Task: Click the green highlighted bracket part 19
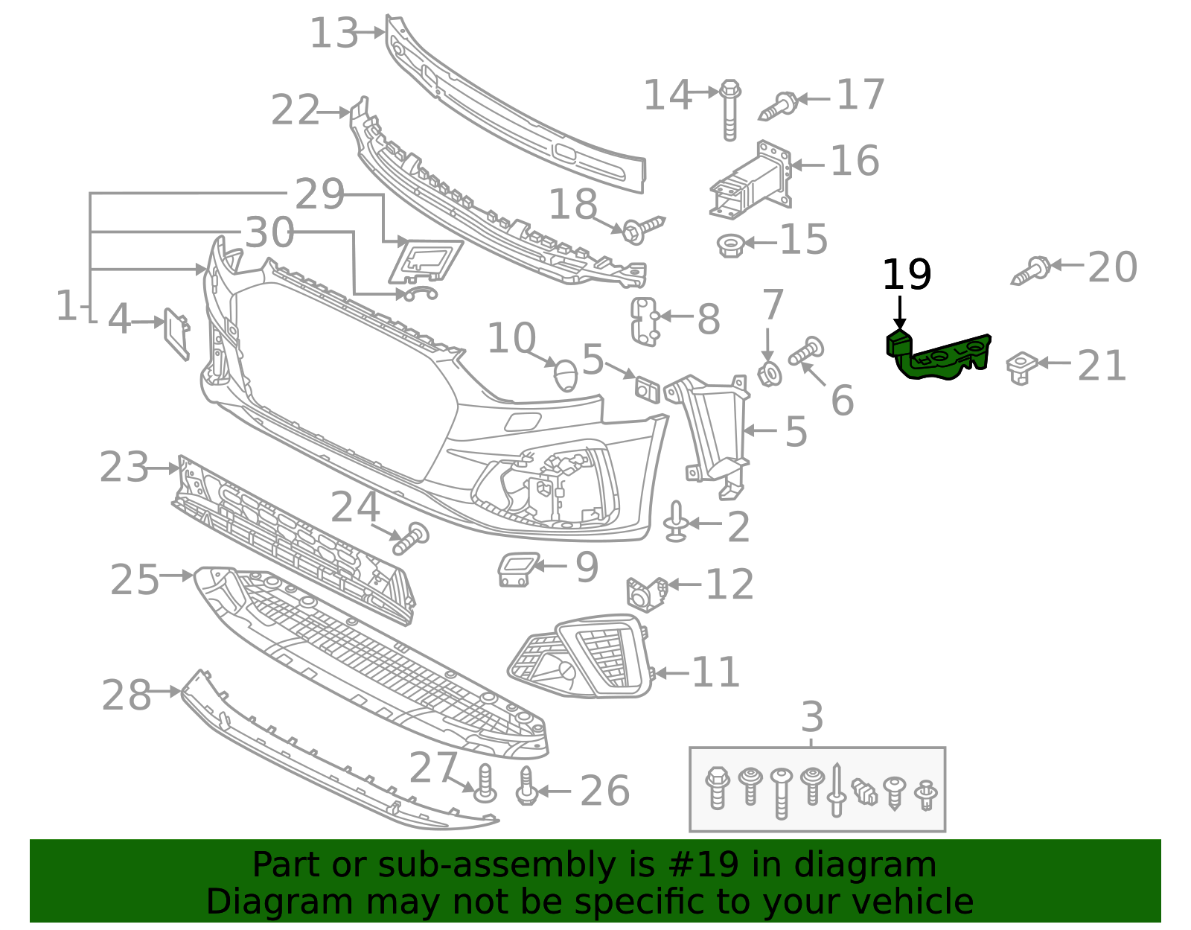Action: (939, 358)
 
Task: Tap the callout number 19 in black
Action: (906, 276)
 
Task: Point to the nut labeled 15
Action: (729, 244)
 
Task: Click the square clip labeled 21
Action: (1021, 366)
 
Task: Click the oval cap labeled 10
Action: (566, 375)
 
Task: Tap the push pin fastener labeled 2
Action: (676, 522)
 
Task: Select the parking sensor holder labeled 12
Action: (645, 593)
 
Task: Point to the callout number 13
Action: (333, 34)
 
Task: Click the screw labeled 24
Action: (411, 538)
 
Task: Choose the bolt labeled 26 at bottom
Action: (527, 787)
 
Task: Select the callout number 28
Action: (126, 695)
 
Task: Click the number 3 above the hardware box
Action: (812, 717)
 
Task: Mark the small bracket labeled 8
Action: (644, 321)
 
